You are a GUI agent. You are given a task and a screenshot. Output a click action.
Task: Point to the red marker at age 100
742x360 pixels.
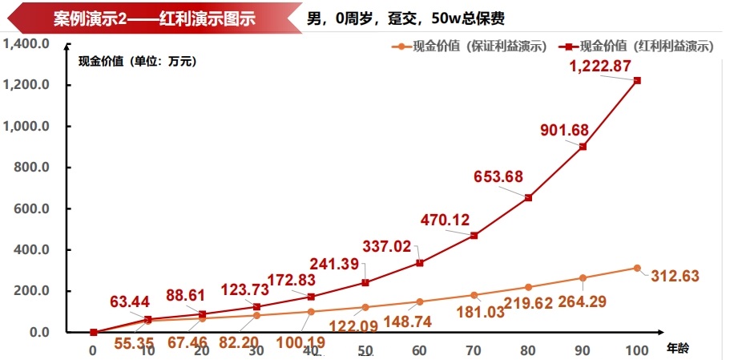click(637, 80)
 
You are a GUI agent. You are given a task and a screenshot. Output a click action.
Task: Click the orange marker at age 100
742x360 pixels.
click(637, 268)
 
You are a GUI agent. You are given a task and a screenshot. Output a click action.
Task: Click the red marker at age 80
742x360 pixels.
click(528, 197)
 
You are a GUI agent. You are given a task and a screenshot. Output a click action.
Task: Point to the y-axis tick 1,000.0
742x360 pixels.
click(26, 127)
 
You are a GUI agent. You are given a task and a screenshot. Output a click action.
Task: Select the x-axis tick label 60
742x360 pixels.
click(419, 350)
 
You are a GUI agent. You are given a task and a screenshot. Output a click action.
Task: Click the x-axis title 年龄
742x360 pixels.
click(677, 348)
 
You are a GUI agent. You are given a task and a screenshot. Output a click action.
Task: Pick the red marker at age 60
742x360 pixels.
click(419, 263)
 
